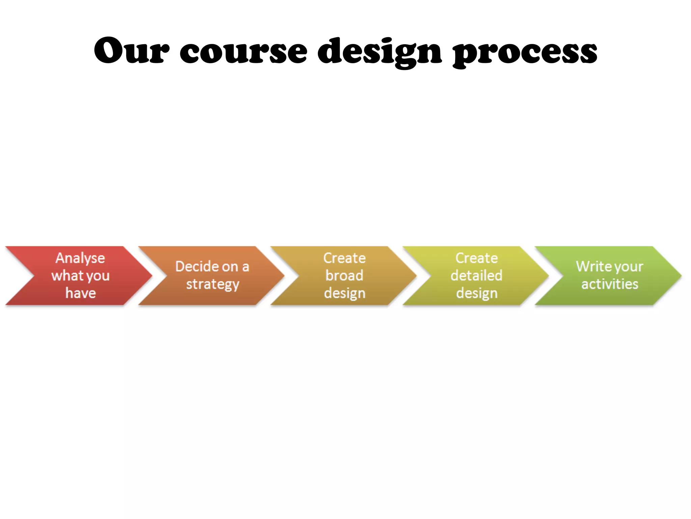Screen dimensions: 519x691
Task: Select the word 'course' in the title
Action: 243,51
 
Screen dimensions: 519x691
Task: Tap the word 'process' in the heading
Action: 525,52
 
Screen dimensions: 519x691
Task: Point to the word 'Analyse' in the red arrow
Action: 80,258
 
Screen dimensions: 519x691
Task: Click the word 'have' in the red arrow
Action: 81,293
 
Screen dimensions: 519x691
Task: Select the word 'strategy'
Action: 213,285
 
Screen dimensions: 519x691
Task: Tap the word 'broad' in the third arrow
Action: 344,275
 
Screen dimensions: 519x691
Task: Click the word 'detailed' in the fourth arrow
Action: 476,275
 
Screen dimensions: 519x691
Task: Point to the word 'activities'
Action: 610,284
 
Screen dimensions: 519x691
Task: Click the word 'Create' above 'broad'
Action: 344,258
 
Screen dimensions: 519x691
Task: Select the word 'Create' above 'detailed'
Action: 476,258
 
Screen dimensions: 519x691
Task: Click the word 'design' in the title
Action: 379,52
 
